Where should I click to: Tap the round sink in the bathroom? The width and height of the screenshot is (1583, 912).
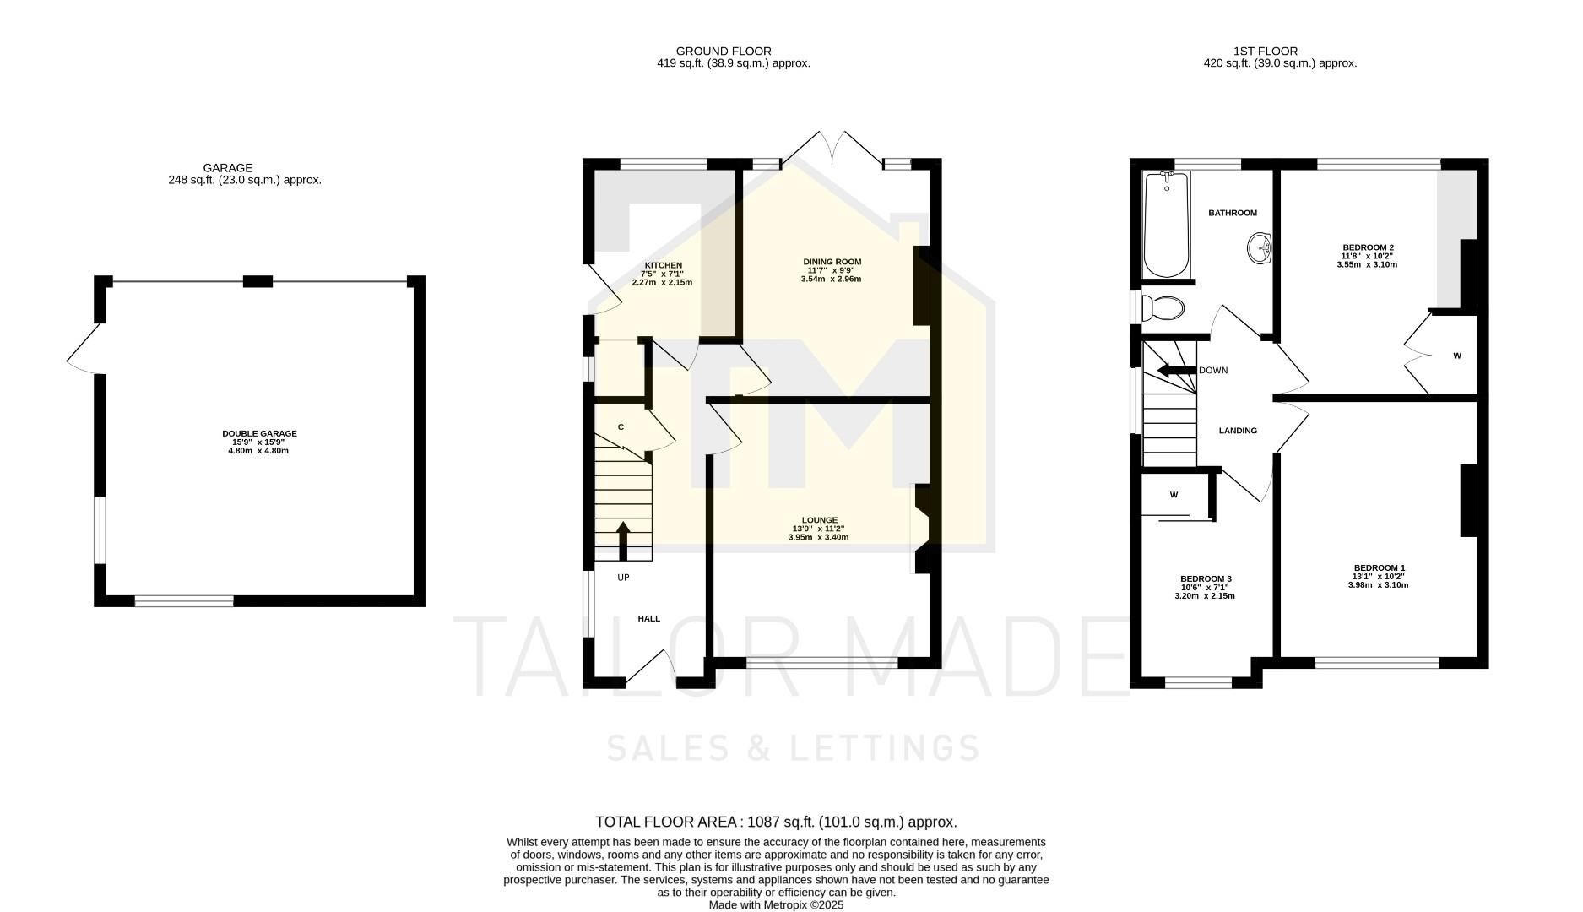point(1260,247)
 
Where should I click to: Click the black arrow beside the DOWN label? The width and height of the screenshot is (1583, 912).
point(1176,370)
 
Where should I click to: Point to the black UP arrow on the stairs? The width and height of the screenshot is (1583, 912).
point(623,540)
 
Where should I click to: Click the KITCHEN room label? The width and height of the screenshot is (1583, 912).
point(663,265)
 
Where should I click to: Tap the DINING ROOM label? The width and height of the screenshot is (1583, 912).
point(832,262)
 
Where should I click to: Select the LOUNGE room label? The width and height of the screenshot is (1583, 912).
point(819,520)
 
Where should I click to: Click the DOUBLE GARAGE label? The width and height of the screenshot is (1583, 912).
point(259,433)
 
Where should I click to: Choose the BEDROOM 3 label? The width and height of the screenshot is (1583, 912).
point(1205,578)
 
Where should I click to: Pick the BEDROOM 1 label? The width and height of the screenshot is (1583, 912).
point(1379,567)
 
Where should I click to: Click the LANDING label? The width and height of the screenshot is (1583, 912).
point(1238,431)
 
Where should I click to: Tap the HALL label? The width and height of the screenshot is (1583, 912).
point(648,618)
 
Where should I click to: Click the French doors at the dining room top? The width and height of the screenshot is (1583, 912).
point(832,149)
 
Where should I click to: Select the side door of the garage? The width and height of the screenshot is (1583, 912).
point(84,350)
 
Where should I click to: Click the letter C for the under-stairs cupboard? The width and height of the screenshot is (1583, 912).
point(621,427)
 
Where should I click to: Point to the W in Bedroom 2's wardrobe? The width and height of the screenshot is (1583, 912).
point(1456,356)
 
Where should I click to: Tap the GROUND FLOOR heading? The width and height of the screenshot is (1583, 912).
point(723,52)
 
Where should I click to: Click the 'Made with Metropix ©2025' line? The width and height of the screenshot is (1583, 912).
point(776,904)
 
